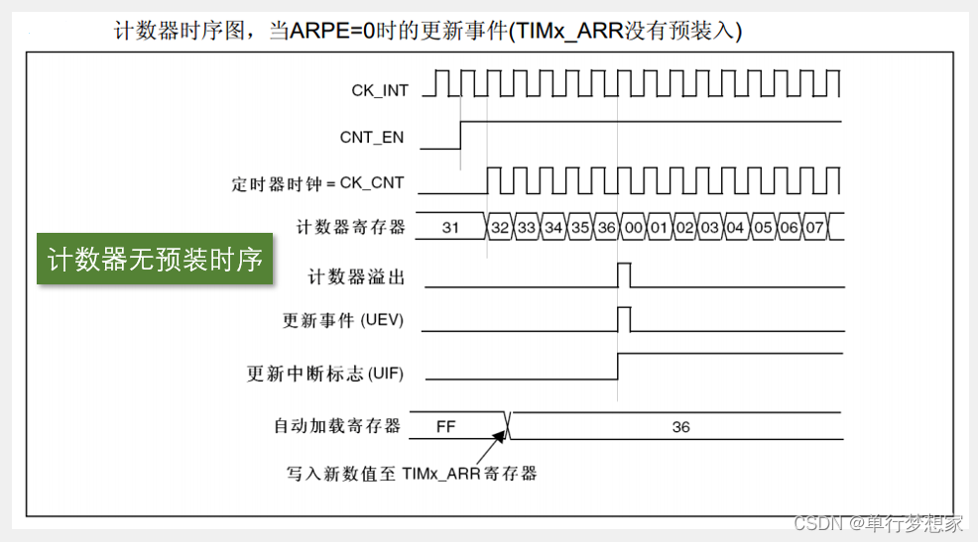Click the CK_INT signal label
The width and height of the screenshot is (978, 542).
[x=379, y=90]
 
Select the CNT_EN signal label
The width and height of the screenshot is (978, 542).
[x=372, y=138]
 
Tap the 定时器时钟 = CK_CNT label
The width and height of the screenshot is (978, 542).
[x=317, y=184]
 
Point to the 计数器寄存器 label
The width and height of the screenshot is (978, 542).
[x=351, y=227]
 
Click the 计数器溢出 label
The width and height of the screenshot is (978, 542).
[x=357, y=277]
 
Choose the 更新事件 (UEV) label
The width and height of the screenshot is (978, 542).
[x=343, y=321]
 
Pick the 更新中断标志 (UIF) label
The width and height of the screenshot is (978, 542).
[x=325, y=374]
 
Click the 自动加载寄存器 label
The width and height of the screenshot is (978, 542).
[x=337, y=426]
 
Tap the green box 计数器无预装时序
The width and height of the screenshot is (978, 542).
[x=155, y=260]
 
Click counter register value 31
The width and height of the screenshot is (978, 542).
[x=449, y=228]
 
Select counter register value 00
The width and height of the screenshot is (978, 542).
[x=633, y=228]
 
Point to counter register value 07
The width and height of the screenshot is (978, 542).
[x=813, y=228]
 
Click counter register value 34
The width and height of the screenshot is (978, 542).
[x=553, y=228]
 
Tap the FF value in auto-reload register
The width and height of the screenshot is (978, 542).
[x=445, y=427]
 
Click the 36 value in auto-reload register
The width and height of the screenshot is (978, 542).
[x=680, y=427]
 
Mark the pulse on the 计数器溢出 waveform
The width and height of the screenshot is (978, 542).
[x=624, y=274]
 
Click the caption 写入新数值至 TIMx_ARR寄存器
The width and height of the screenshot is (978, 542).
[x=411, y=474]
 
